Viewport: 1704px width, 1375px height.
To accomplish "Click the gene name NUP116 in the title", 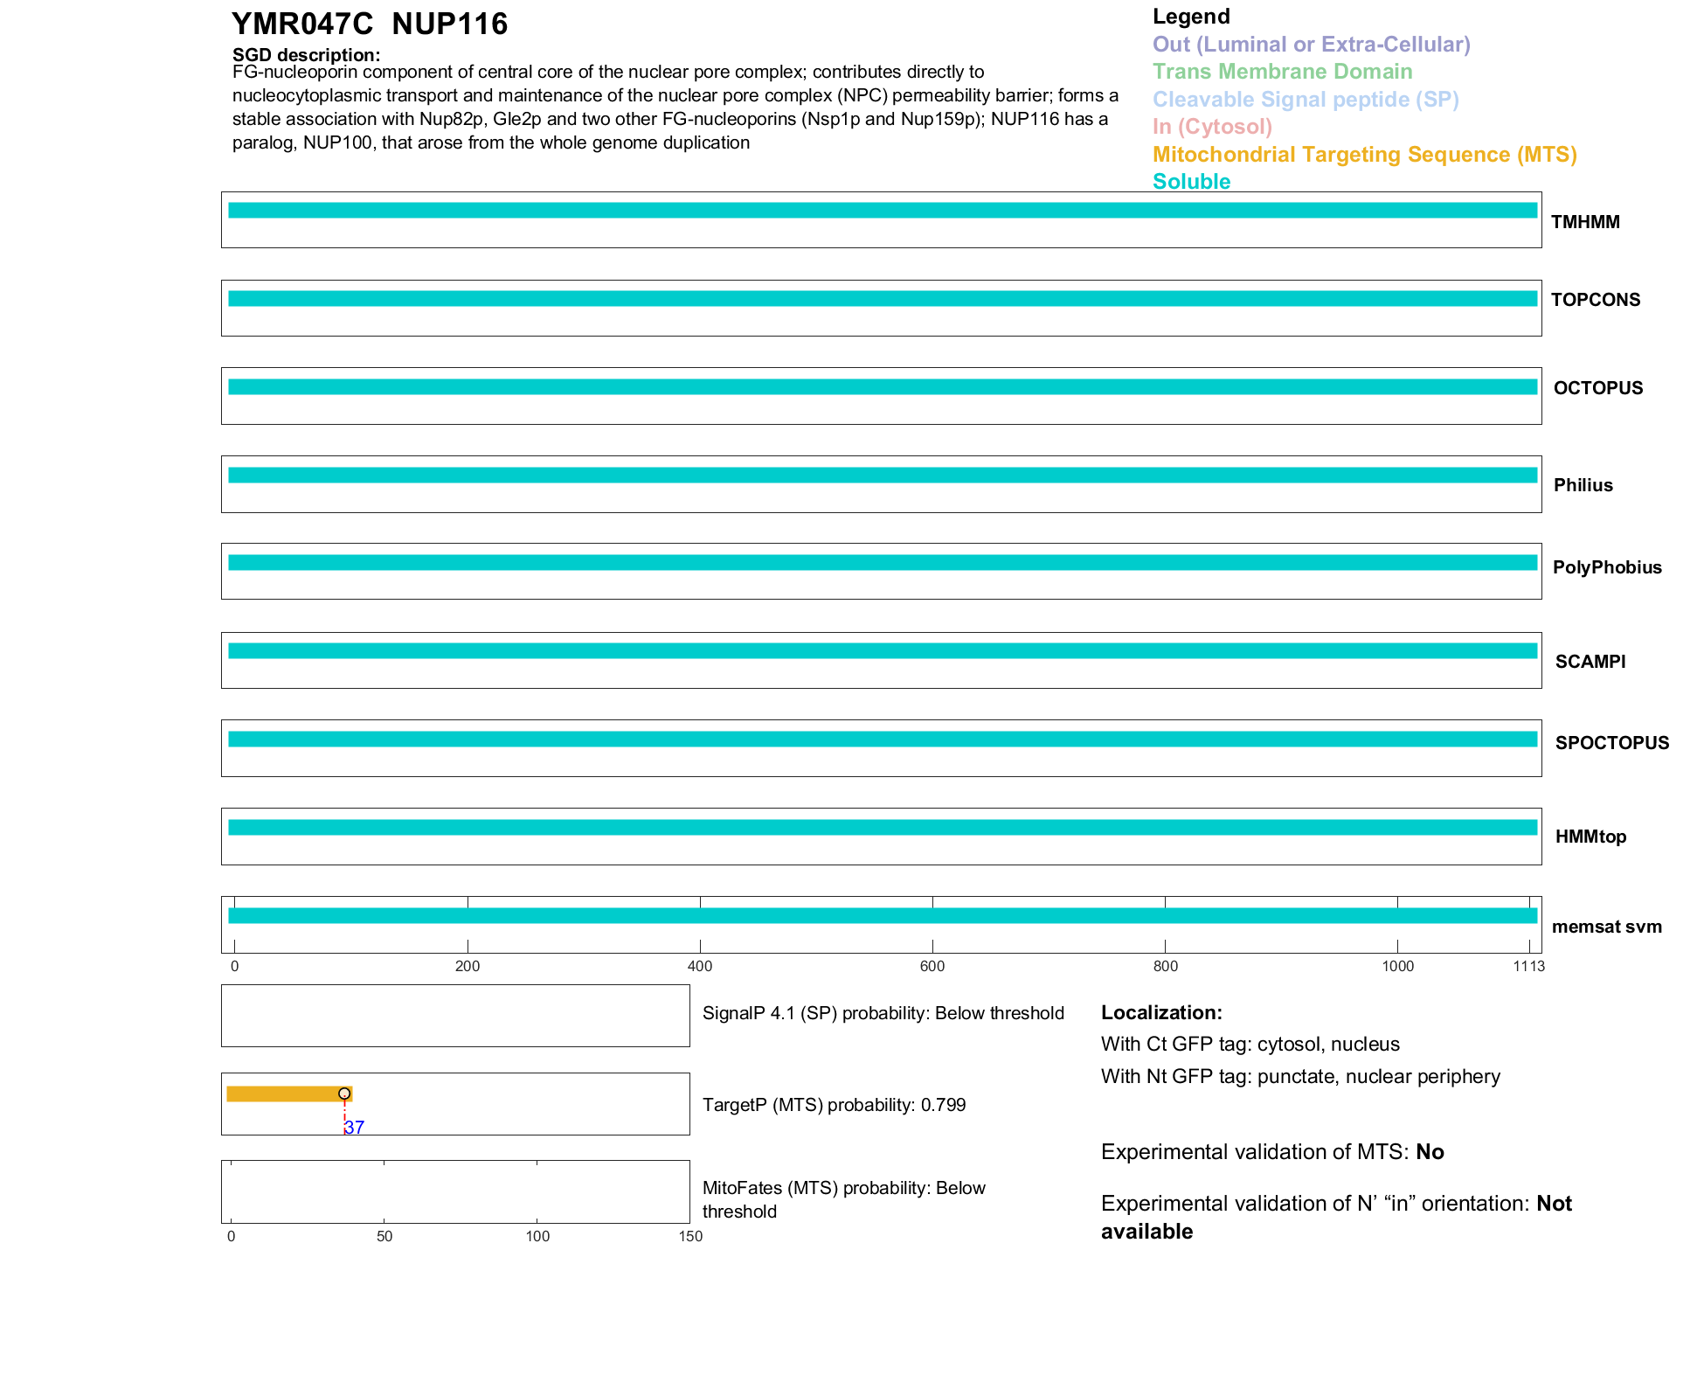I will tap(449, 24).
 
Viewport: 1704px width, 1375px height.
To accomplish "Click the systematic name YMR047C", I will tap(302, 24).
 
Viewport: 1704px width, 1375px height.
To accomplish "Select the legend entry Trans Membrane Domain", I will tap(1282, 72).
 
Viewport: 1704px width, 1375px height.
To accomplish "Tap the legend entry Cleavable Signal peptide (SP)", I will tap(1306, 100).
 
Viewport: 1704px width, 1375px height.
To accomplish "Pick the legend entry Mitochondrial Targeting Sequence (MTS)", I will tap(1364, 155).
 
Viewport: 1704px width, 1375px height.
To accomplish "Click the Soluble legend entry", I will tap(1191, 182).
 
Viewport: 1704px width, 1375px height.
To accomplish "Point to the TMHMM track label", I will tap(1585, 222).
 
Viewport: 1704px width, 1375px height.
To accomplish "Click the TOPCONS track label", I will tap(1596, 300).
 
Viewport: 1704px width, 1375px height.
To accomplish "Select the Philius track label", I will tap(1583, 485).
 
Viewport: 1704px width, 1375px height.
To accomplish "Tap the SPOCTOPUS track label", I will tap(1611, 743).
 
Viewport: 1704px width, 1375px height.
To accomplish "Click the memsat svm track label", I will tap(1606, 927).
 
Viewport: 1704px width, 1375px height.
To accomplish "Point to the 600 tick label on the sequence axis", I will tap(932, 966).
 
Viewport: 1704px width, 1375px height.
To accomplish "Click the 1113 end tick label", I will tap(1528, 966).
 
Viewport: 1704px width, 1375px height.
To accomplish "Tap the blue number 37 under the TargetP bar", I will tap(354, 1128).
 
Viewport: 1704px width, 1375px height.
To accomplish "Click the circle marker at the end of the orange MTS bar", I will tap(344, 1094).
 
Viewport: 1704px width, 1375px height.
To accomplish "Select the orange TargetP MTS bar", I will tap(284, 1094).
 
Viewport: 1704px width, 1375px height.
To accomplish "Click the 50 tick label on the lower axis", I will tap(384, 1236).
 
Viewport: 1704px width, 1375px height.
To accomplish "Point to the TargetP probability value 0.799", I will tap(943, 1105).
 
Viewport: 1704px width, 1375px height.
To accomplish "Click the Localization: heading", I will tap(1161, 1013).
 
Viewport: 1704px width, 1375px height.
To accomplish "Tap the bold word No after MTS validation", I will tap(1430, 1152).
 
